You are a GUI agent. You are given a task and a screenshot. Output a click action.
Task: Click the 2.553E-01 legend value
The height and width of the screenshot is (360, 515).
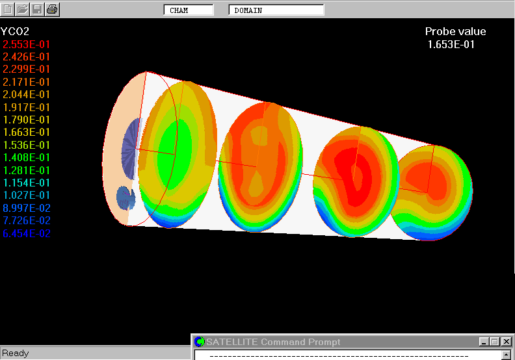pyautogui.click(x=26, y=44)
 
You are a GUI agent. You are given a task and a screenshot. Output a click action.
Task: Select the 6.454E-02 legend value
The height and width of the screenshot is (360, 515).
pyautogui.click(x=27, y=234)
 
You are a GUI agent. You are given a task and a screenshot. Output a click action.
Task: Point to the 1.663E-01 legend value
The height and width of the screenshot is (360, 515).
pyautogui.click(x=26, y=133)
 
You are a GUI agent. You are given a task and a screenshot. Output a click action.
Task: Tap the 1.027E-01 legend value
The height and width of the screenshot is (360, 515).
pyautogui.click(x=26, y=195)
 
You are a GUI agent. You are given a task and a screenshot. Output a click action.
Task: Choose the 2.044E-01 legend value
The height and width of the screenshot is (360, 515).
pyautogui.click(x=26, y=94)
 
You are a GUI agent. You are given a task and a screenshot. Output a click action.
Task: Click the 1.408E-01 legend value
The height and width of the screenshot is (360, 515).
pyautogui.click(x=26, y=157)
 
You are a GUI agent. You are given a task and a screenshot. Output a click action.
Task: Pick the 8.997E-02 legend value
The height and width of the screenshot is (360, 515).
pyautogui.click(x=27, y=208)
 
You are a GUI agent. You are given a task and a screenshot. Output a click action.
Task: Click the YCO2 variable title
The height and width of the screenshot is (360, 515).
pyautogui.click(x=15, y=31)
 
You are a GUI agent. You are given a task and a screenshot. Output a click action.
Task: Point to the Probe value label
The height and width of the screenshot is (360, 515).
pyautogui.click(x=456, y=31)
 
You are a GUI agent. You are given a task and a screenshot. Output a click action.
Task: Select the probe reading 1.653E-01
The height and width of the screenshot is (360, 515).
pyautogui.click(x=451, y=44)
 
